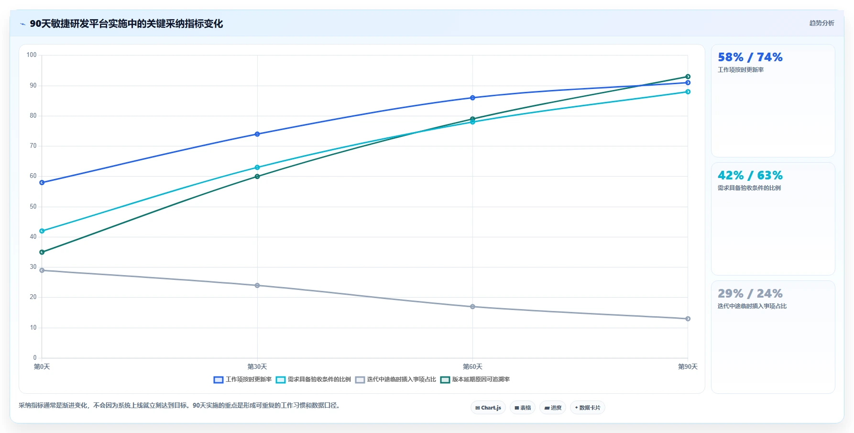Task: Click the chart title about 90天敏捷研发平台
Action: point(126,23)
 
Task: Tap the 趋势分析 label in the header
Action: point(821,23)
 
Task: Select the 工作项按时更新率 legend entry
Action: point(242,379)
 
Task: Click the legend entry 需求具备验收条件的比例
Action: point(313,379)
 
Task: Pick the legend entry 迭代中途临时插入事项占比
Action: point(395,379)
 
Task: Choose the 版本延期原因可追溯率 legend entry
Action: point(475,379)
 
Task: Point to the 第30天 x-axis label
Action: point(257,366)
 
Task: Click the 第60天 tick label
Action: point(472,366)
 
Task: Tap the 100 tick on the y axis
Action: point(32,55)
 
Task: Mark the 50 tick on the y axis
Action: point(33,207)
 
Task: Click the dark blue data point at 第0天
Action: point(42,182)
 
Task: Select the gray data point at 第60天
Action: point(472,307)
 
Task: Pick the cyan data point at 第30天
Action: point(257,167)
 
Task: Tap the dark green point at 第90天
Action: point(688,77)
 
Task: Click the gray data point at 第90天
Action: point(688,319)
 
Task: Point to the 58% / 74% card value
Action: point(750,57)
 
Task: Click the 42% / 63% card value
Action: point(750,176)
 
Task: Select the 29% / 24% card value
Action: point(750,294)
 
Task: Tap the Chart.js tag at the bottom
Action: point(488,408)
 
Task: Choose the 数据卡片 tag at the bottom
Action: point(588,408)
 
